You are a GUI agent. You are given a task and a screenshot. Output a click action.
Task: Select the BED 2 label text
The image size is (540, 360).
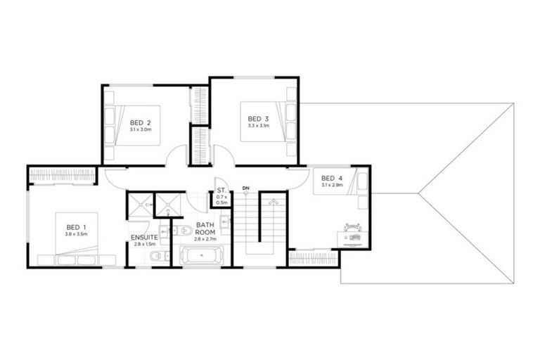(141, 122)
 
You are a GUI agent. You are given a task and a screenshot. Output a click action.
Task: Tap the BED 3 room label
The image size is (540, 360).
(258, 118)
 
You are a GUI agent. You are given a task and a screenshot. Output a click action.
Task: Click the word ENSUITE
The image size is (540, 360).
(143, 237)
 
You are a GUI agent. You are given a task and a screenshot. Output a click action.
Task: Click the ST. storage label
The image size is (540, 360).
(221, 190)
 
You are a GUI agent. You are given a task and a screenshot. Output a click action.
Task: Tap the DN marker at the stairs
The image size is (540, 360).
(245, 188)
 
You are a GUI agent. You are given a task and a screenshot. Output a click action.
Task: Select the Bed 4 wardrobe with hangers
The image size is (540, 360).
(314, 259)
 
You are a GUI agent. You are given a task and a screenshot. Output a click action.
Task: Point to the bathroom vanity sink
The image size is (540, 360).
(224, 224)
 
